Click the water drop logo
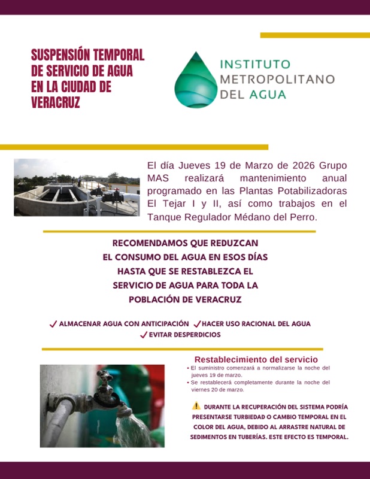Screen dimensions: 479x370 pyautogui.click(x=195, y=80)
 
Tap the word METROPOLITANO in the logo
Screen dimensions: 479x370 pyautogui.click(x=277, y=79)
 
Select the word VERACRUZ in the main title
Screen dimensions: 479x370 pyautogui.click(x=56, y=102)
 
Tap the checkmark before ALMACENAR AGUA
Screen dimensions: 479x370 pyautogui.click(x=53, y=324)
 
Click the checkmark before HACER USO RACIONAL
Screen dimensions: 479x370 pyautogui.click(x=197, y=324)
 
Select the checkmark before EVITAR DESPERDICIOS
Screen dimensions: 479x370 pyautogui.click(x=144, y=335)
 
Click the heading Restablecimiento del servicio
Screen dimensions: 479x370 pyautogui.click(x=256, y=359)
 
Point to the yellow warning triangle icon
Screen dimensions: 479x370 pyautogui.click(x=196, y=405)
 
